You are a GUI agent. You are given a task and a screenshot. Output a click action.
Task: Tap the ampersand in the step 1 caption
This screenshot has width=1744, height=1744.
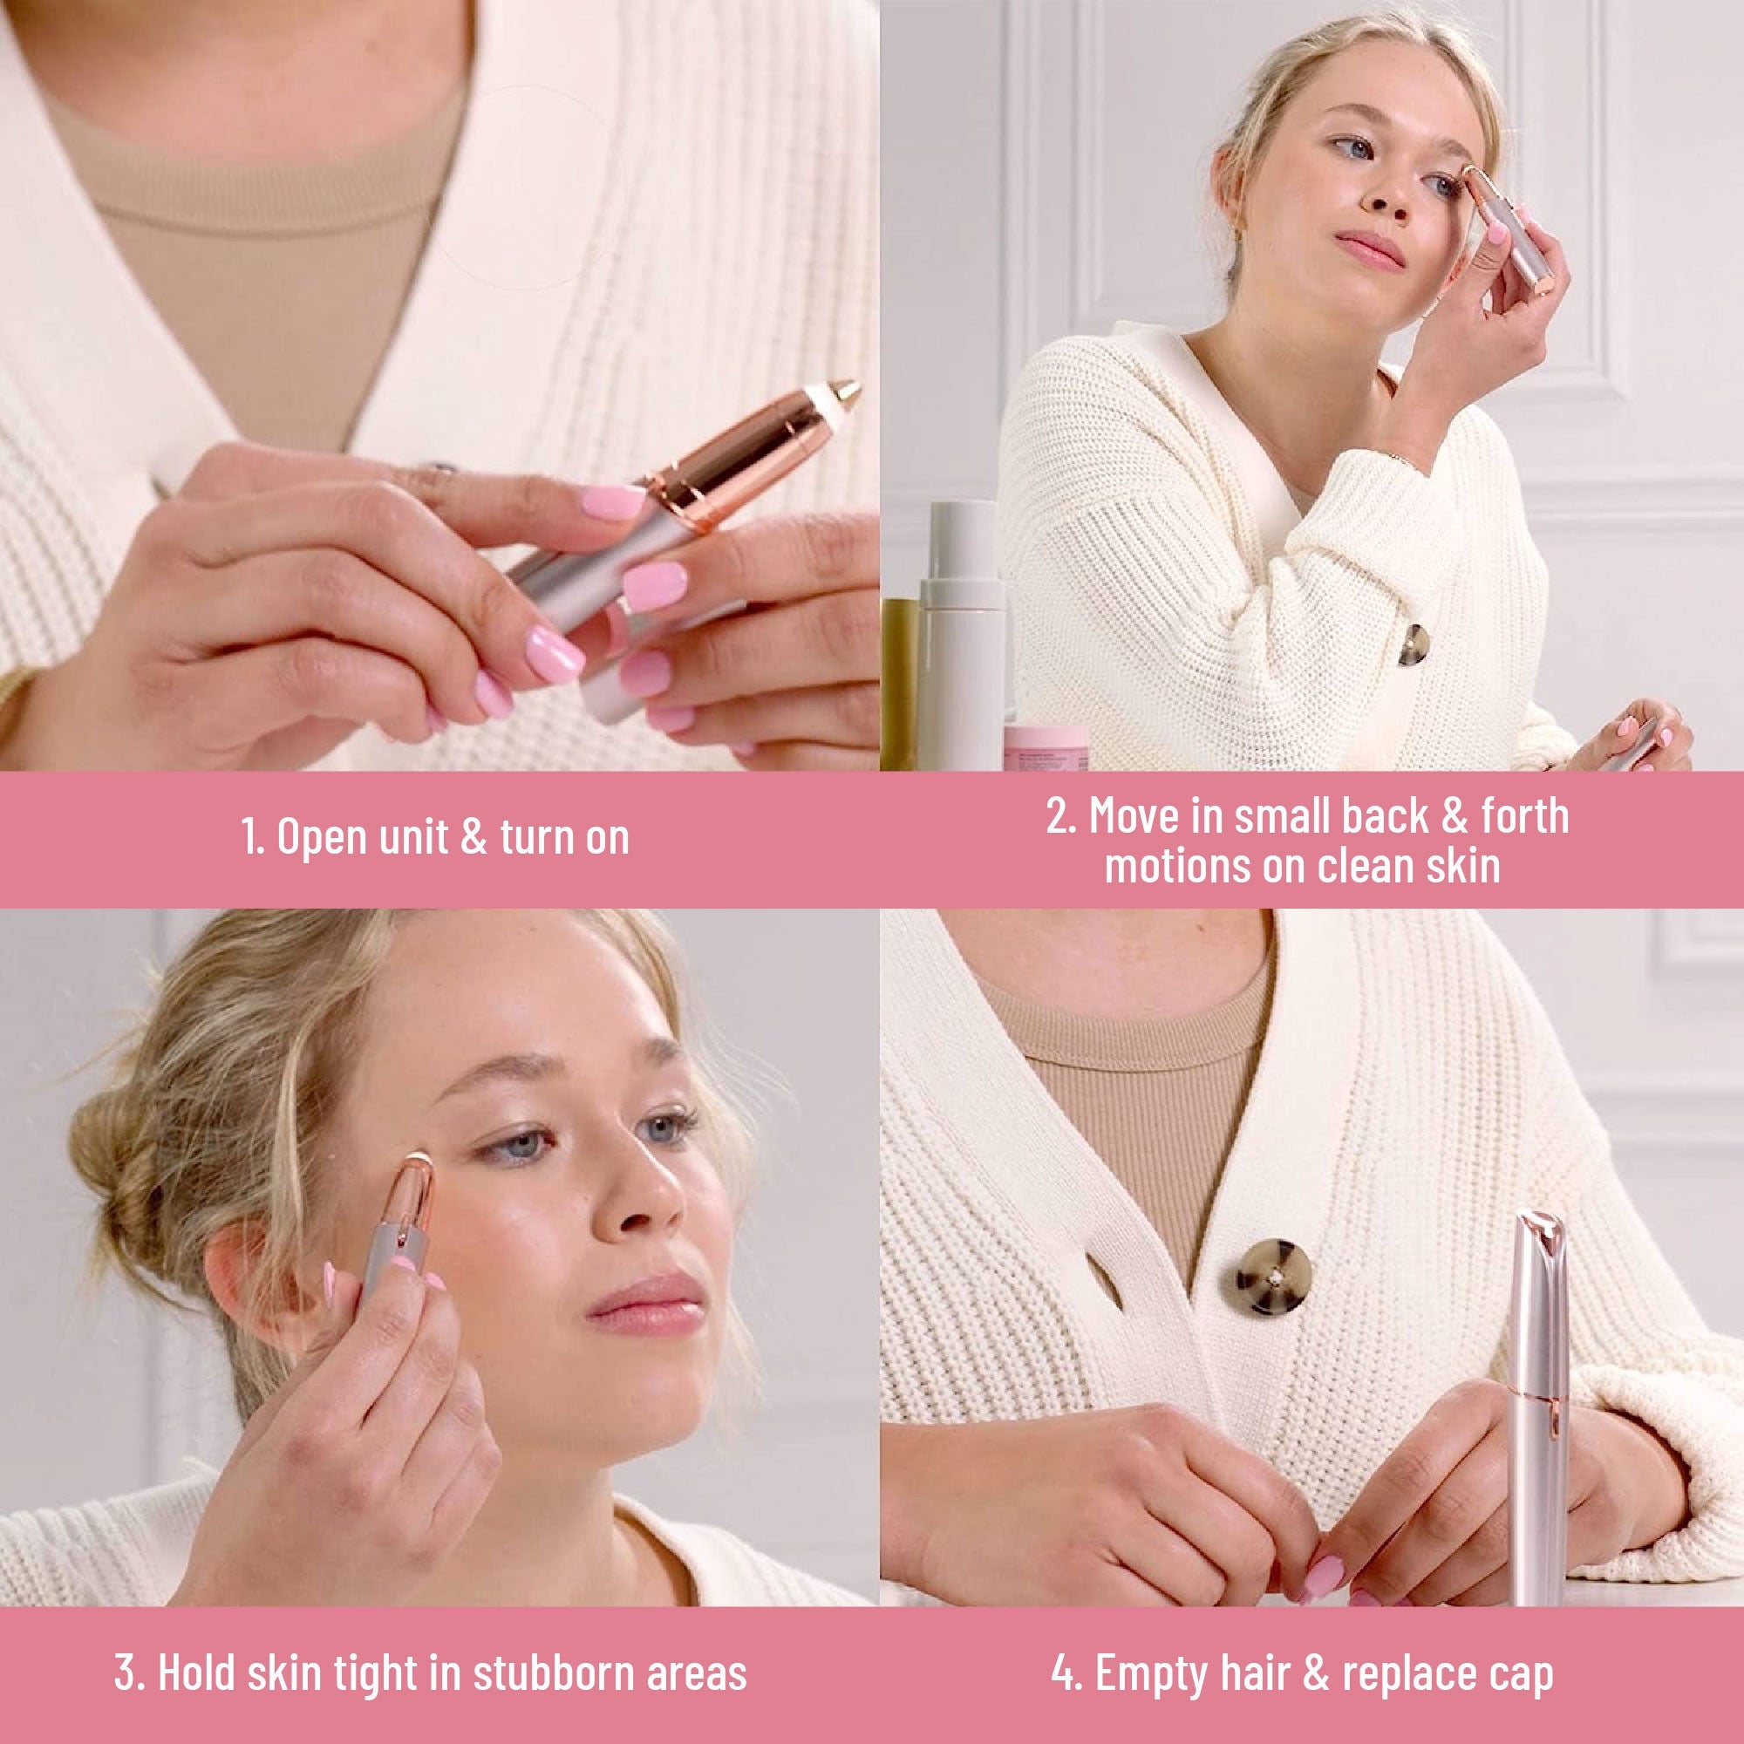(473, 836)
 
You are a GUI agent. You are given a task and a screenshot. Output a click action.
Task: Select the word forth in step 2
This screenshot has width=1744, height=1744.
(1523, 815)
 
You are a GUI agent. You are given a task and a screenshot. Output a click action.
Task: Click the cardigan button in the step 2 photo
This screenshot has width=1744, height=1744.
(1414, 644)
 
